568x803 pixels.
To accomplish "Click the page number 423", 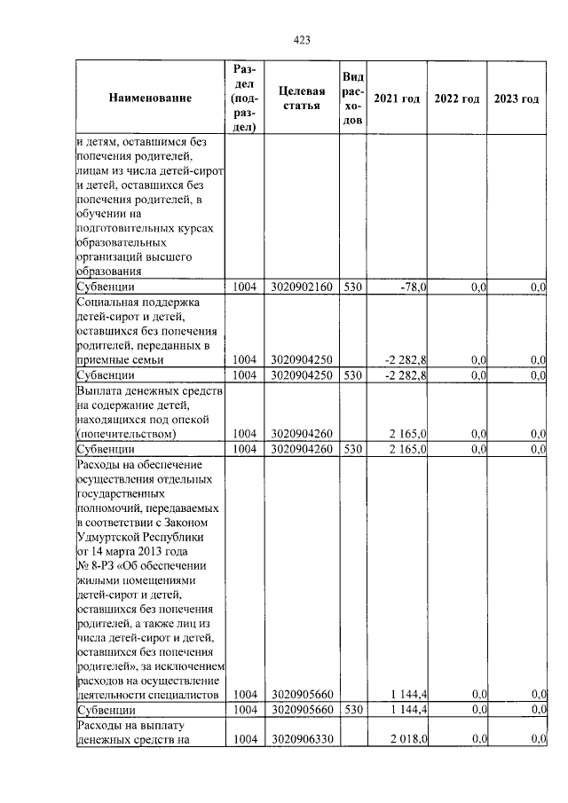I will (x=301, y=39).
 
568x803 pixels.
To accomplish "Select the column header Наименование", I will (x=150, y=98).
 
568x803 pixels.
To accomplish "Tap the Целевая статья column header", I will (x=301, y=98).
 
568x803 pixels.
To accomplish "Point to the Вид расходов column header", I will (x=352, y=98).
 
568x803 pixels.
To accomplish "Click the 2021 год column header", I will (x=396, y=98).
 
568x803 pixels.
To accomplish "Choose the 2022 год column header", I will (x=457, y=98).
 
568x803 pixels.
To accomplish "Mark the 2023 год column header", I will (x=516, y=98).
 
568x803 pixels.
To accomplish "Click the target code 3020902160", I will (x=301, y=287).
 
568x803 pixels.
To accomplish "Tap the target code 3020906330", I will (x=301, y=739).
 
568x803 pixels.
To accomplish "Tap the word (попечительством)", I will (x=127, y=434).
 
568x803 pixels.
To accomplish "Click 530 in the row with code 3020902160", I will (x=351, y=287).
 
